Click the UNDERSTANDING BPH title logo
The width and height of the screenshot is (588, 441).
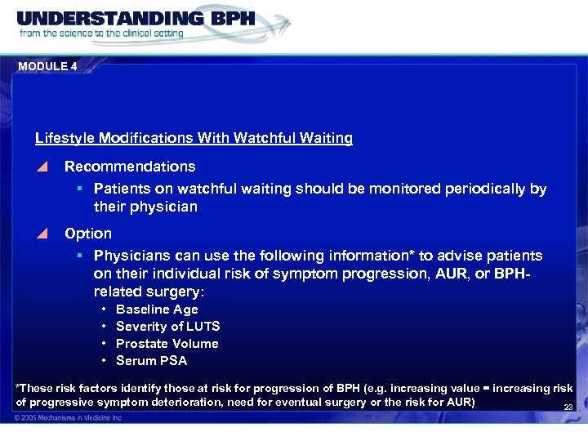pos(136,19)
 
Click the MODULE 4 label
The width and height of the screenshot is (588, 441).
pos(47,67)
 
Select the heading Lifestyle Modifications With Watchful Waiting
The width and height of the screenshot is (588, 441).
pos(194,139)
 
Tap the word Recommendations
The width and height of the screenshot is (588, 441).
pos(130,167)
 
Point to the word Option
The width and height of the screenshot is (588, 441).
pos(88,234)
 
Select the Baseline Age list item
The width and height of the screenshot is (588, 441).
pos(157,310)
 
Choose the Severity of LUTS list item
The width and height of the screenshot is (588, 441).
pos(167,327)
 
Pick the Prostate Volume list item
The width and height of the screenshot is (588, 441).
pos(167,344)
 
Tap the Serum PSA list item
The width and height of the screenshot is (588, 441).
pos(151,361)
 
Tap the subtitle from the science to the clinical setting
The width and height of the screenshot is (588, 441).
pos(101,33)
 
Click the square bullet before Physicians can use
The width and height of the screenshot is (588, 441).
pos(81,256)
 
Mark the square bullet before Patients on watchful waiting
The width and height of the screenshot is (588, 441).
pos(81,189)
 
